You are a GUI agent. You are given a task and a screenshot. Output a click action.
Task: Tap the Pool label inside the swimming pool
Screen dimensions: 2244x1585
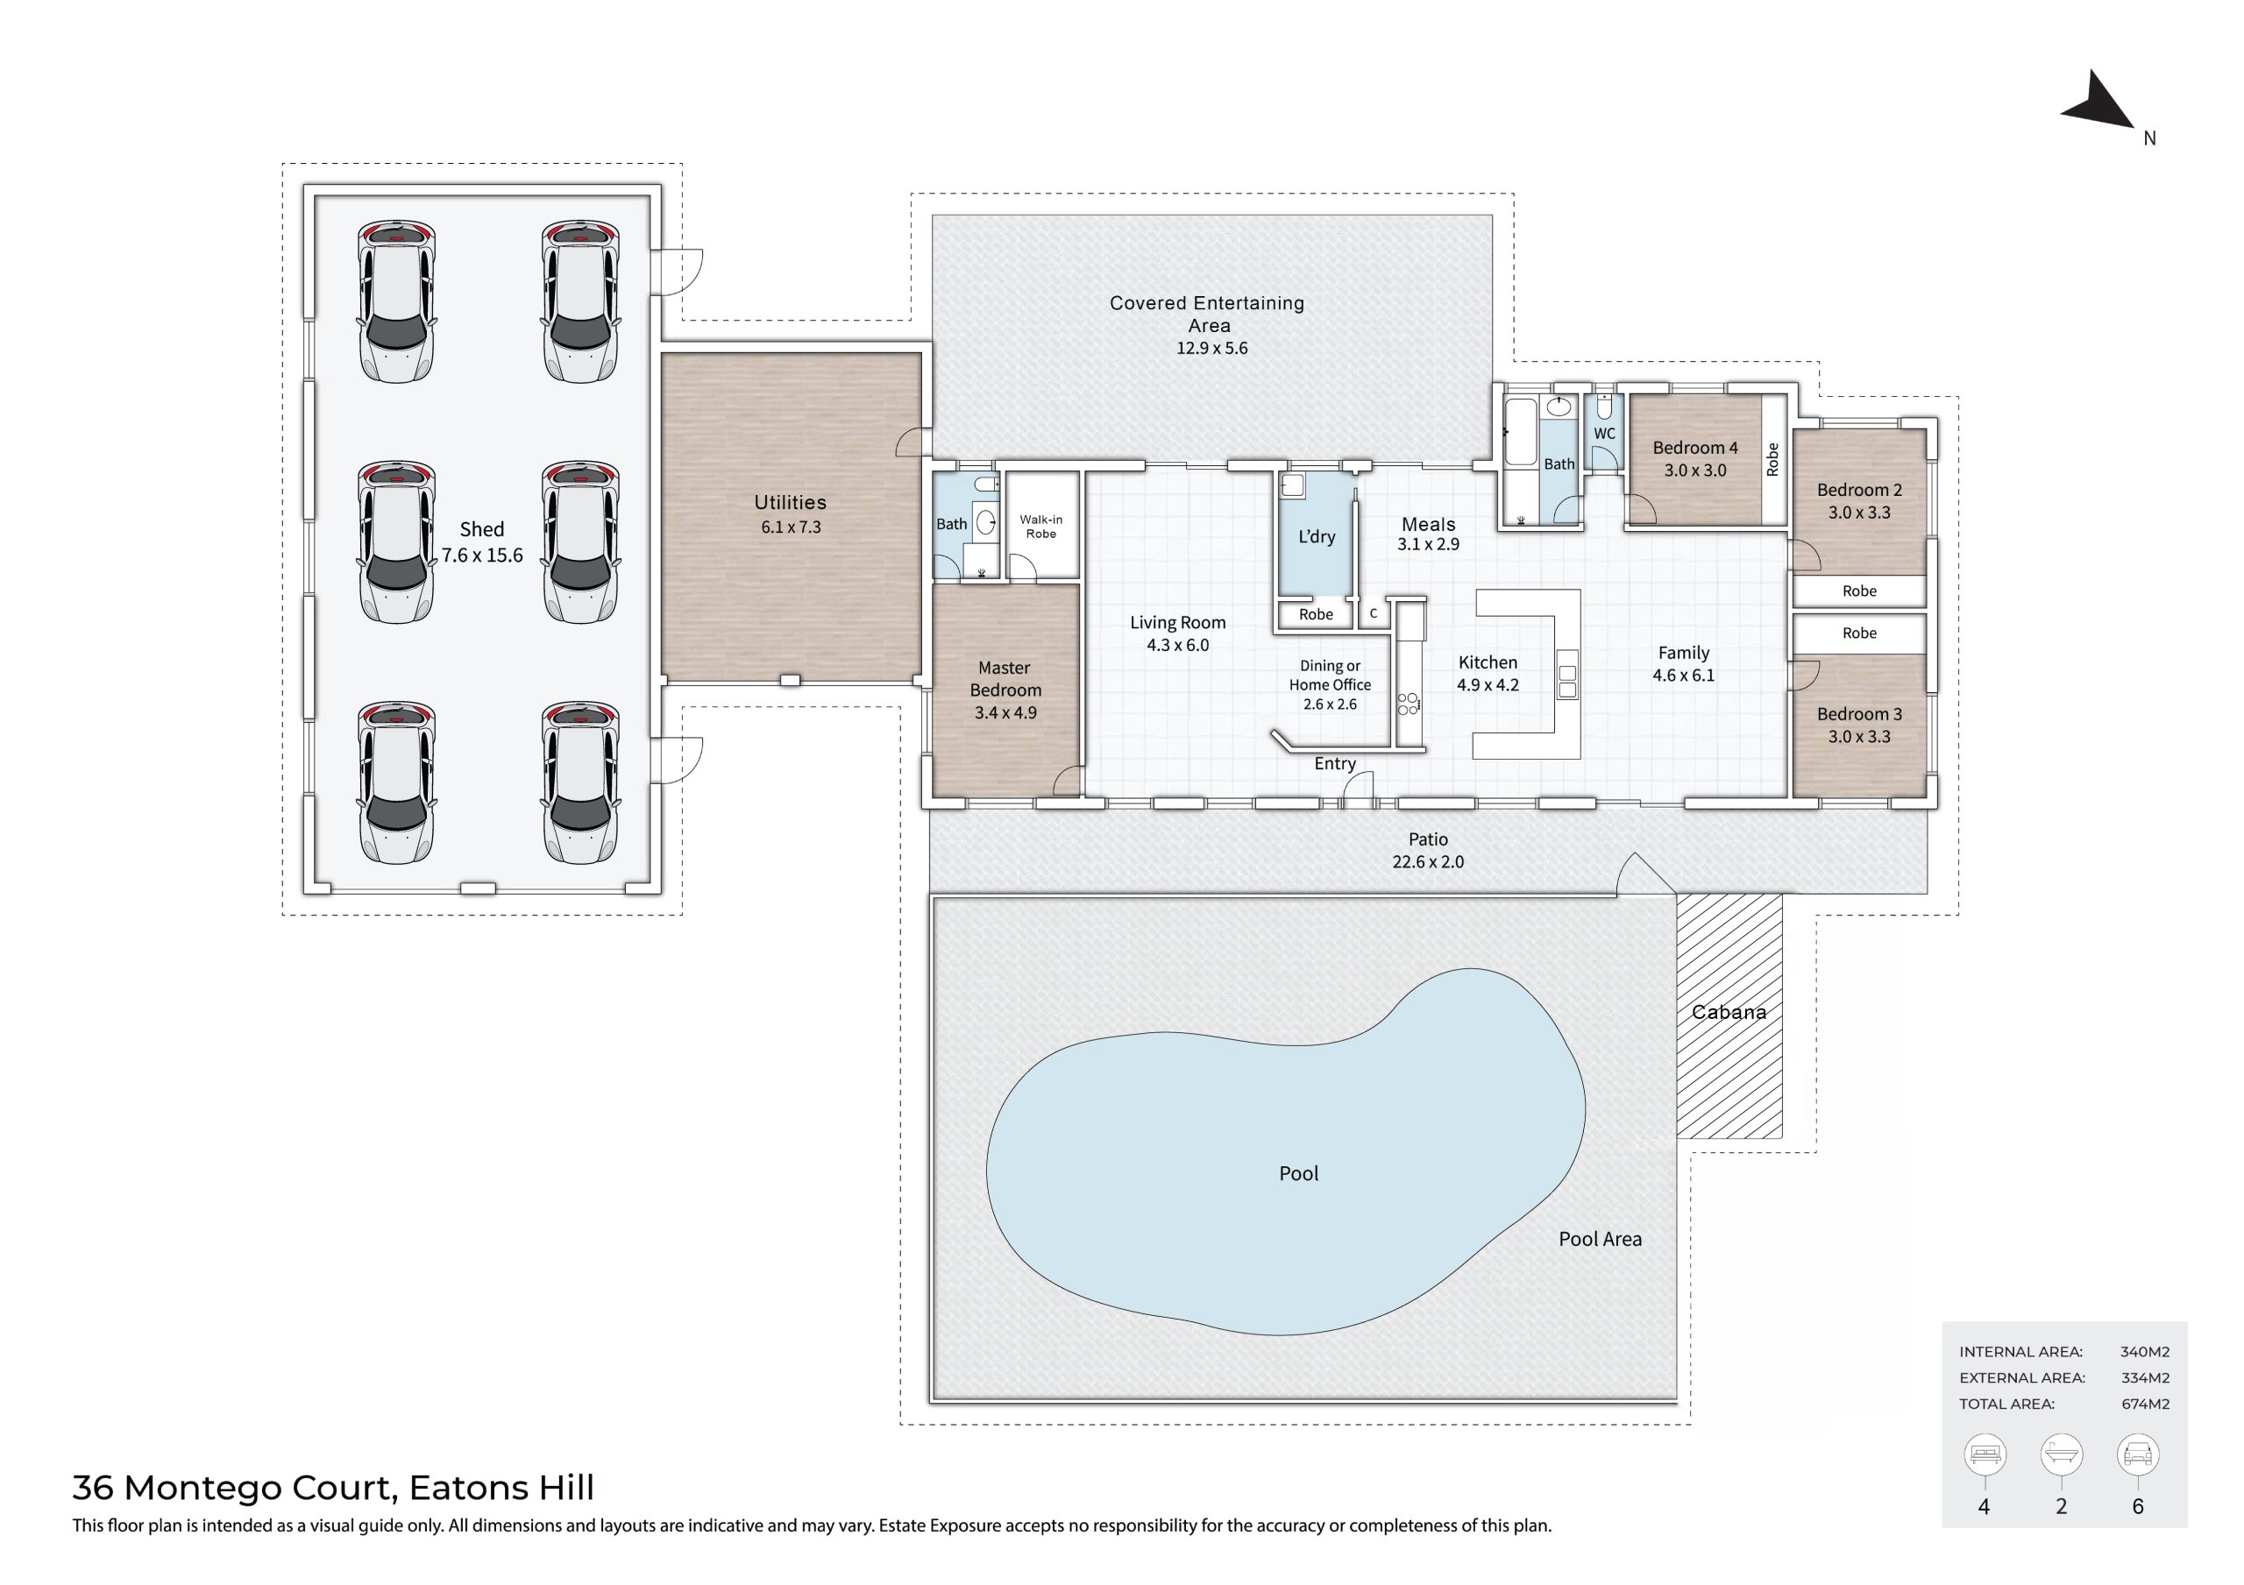(1299, 1173)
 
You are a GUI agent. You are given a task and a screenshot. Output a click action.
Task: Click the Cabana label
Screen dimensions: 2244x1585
(1729, 1012)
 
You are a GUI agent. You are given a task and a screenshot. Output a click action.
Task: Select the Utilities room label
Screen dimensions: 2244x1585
(790, 502)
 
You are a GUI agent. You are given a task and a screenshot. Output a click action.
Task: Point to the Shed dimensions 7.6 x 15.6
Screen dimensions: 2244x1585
(482, 555)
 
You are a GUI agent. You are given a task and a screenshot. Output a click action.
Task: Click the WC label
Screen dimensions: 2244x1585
(1605, 434)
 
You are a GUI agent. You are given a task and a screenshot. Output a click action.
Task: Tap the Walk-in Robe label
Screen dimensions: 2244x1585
(1040, 527)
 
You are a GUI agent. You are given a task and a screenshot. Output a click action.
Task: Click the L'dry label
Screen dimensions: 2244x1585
(1317, 536)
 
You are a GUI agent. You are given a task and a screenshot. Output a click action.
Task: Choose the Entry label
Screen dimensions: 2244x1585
(1335, 764)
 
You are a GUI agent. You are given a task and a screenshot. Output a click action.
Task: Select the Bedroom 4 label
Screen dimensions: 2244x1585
(1695, 448)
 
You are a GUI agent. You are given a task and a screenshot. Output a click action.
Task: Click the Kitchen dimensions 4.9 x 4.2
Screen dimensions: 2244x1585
(1488, 685)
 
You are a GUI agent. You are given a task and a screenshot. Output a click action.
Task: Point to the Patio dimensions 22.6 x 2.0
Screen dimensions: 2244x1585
(1428, 862)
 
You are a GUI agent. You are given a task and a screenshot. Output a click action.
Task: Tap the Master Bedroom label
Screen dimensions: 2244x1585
(1005, 678)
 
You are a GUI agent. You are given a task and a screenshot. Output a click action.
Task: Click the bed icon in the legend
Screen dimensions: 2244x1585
(1985, 1455)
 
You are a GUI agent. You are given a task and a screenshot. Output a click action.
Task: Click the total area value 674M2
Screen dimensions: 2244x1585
(2144, 1405)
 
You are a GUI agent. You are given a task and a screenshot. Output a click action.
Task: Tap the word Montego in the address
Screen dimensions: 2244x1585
(259, 1489)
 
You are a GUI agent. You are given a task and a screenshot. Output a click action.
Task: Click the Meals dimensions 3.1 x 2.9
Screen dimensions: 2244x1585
(1428, 544)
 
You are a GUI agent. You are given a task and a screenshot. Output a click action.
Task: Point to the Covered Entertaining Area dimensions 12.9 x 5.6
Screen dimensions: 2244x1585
(1212, 348)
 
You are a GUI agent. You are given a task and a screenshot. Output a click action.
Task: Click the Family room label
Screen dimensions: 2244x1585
(1684, 653)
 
